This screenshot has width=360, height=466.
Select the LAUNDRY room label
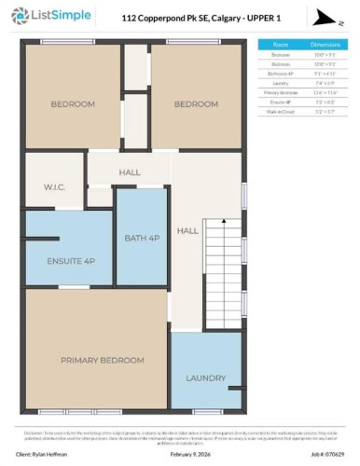(205, 377)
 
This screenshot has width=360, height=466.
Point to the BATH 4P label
(142, 239)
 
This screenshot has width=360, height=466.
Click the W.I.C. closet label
(53, 186)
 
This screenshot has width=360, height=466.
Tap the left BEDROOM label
(72, 104)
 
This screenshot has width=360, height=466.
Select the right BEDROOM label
(196, 104)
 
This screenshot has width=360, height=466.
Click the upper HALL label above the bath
(130, 172)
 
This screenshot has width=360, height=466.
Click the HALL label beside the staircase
(187, 230)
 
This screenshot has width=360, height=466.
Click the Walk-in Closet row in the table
(278, 111)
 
